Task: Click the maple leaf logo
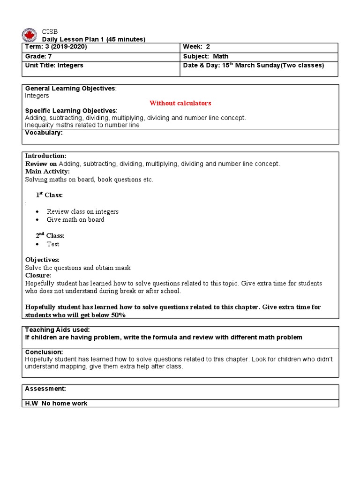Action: (x=29, y=35)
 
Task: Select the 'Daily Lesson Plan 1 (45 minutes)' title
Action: (x=94, y=39)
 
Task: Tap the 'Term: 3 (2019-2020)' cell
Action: (x=56, y=47)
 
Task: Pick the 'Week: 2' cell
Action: (x=196, y=47)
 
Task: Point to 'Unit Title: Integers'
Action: (x=54, y=65)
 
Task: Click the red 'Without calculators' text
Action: (x=180, y=103)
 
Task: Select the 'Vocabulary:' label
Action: (x=44, y=133)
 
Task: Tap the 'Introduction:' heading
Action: (x=45, y=156)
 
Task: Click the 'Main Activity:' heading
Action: (x=47, y=172)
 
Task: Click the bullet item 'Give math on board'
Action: (x=75, y=219)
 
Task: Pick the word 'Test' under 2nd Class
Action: (x=53, y=244)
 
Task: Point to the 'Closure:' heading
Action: (x=38, y=276)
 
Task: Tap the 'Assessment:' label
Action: (x=45, y=389)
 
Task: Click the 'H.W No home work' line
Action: (x=56, y=403)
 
